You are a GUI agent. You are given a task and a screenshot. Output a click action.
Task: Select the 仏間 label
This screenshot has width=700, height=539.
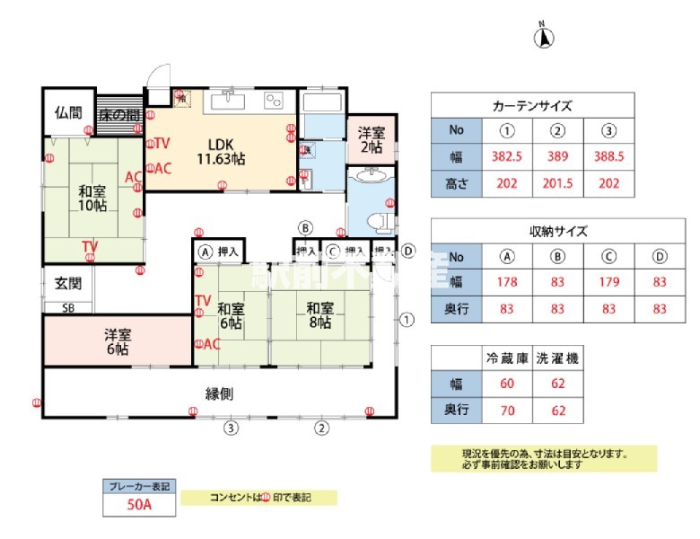68,113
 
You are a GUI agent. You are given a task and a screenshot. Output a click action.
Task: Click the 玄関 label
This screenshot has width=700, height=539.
68,284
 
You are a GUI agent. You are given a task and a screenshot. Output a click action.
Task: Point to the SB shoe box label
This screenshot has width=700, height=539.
68,307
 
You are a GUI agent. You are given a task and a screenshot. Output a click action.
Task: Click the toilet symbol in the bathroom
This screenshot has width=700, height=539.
381,220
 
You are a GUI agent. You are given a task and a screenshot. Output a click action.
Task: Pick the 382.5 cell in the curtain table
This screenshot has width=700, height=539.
508,156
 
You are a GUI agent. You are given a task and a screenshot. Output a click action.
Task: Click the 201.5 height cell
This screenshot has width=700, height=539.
558,183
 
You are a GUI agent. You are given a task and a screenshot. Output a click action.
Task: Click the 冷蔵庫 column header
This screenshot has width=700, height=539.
507,358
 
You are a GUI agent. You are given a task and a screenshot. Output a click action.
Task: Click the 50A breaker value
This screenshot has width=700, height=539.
139,506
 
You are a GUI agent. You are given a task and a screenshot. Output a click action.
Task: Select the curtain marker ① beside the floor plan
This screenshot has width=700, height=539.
407,318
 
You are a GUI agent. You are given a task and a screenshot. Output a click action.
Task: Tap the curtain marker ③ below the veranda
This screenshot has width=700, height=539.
232,428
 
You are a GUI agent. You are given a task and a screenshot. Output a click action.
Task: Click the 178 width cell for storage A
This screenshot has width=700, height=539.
508,282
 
